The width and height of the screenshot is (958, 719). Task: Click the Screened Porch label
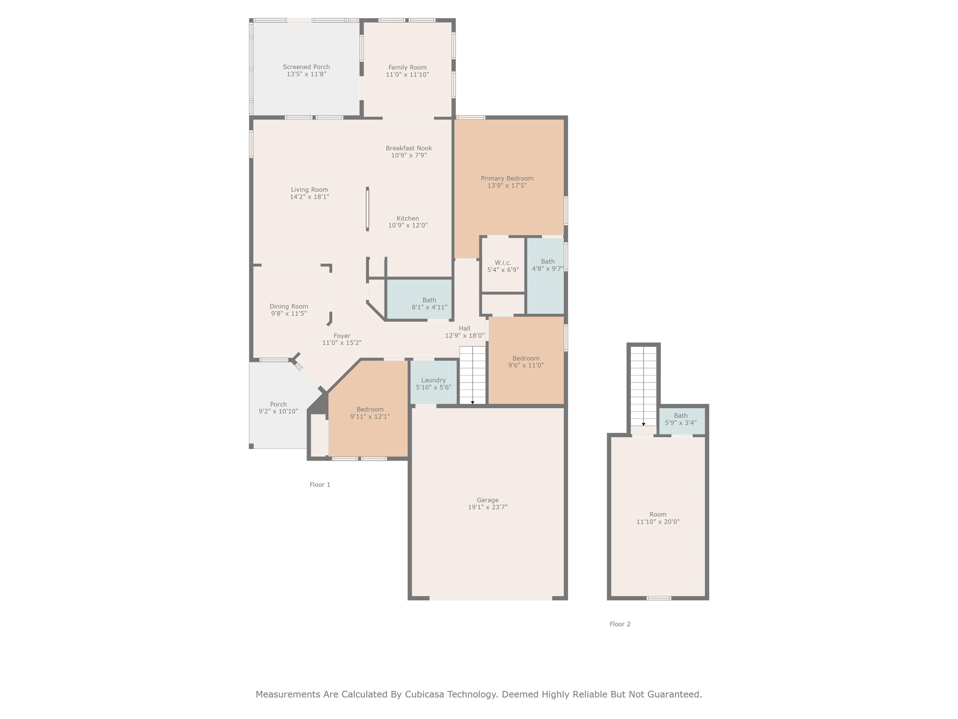point(306,67)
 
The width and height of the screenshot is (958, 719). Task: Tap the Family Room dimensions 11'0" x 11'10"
point(408,75)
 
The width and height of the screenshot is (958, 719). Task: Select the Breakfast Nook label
point(409,148)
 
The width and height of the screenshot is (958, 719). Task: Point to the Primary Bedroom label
point(507,179)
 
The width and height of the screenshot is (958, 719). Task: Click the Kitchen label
point(408,218)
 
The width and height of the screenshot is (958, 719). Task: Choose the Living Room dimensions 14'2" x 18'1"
point(309,197)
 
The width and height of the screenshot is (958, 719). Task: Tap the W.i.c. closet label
point(503,263)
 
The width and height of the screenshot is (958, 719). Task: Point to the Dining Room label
point(289,306)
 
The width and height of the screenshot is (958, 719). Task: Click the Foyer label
point(342,336)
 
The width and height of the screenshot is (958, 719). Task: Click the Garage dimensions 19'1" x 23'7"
point(488,507)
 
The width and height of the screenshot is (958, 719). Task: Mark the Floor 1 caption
point(320,485)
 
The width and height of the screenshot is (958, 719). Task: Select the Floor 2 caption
point(620,624)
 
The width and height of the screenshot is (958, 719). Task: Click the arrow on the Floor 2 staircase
point(644,424)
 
